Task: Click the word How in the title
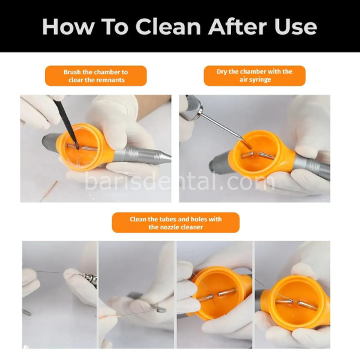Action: pyautogui.click(x=68, y=26)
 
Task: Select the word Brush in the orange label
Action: pyautogui.click(x=72, y=72)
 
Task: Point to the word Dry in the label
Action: pyautogui.click(x=221, y=71)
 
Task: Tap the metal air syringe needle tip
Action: pyautogui.click(x=242, y=139)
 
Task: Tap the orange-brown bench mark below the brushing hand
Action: pyautogui.click(x=49, y=191)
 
